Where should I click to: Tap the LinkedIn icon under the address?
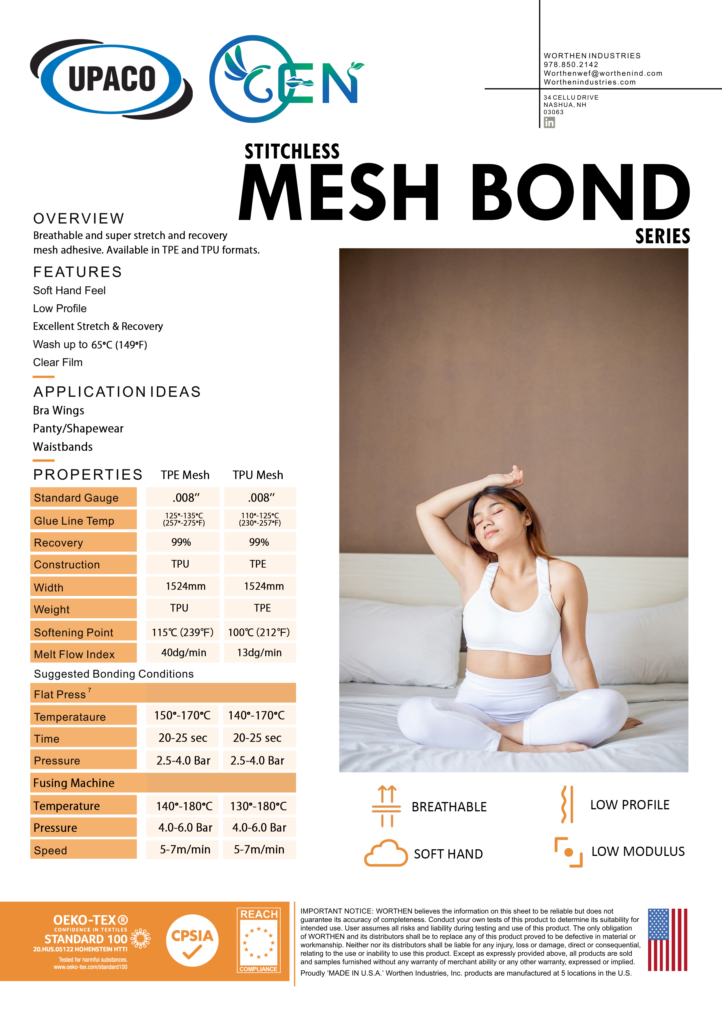[x=549, y=122]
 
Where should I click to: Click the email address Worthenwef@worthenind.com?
[x=603, y=73]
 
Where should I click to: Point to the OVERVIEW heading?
[x=79, y=219]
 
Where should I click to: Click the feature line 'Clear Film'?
[x=58, y=362]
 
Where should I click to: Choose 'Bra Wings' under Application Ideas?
[x=59, y=410]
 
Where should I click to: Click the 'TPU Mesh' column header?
[x=258, y=475]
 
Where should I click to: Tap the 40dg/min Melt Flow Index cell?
[x=183, y=653]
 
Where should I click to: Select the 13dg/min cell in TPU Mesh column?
[x=259, y=653]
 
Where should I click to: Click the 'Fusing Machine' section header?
[x=74, y=783]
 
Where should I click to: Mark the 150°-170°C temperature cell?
[x=182, y=715]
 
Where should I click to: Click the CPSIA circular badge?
[x=192, y=940]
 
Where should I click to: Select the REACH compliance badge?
[x=259, y=940]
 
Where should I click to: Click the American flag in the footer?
[x=667, y=939]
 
